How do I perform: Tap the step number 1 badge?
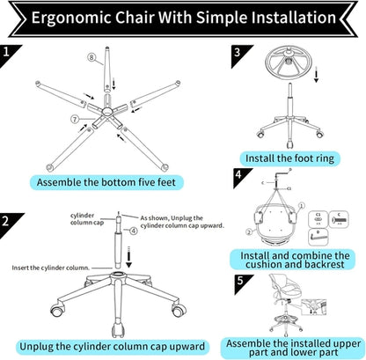coord(9,55)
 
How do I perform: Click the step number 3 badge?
coord(238,53)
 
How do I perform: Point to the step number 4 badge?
coord(238,176)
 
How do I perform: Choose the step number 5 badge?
coord(238,283)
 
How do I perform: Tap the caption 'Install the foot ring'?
coord(299,158)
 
